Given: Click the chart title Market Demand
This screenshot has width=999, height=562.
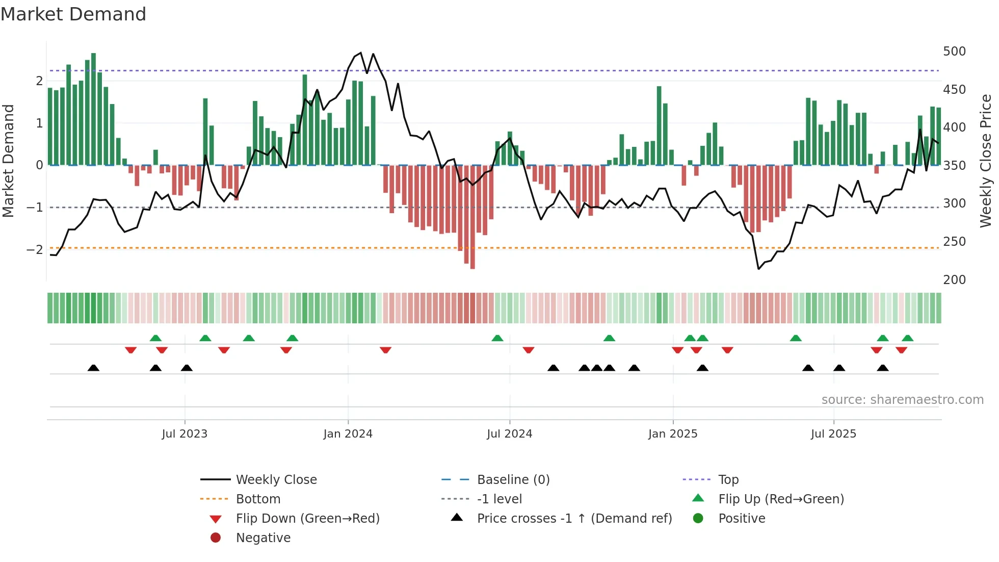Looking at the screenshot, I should pyautogui.click(x=73, y=14).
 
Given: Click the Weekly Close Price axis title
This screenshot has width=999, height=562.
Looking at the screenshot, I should pyautogui.click(x=986, y=161).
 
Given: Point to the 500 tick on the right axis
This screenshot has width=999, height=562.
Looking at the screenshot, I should pyautogui.click(x=954, y=52).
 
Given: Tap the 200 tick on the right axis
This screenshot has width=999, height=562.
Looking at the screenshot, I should pyautogui.click(x=954, y=279).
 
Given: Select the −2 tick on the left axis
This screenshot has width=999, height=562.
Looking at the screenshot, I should pyautogui.click(x=35, y=249).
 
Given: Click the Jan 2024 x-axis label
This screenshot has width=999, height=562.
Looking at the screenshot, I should pyautogui.click(x=348, y=434).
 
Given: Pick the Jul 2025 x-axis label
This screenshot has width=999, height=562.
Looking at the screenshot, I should pyautogui.click(x=833, y=434).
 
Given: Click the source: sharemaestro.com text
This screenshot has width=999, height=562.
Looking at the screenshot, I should pyautogui.click(x=902, y=400).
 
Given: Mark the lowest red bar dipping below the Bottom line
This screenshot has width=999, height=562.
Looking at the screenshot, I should pyautogui.click(x=472, y=217).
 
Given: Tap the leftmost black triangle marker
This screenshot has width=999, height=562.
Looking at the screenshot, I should pyautogui.click(x=93, y=368).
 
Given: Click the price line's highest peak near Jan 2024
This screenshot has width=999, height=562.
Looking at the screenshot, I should pyautogui.click(x=361, y=53).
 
